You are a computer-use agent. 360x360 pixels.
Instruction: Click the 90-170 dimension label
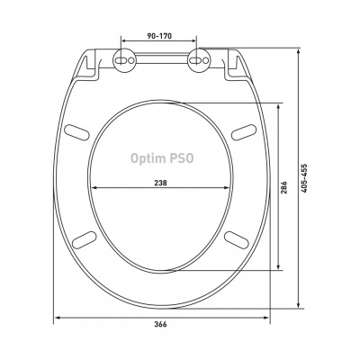(159, 36)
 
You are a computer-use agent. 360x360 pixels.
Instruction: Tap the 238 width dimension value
(160, 183)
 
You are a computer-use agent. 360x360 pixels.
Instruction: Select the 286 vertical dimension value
(284, 187)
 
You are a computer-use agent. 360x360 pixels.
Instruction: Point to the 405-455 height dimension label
(304, 178)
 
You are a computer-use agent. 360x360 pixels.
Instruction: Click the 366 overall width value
(160, 324)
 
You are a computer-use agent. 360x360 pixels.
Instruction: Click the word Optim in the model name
(148, 158)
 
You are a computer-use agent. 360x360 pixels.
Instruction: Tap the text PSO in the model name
(182, 158)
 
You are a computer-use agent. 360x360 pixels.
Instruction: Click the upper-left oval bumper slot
(76, 132)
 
